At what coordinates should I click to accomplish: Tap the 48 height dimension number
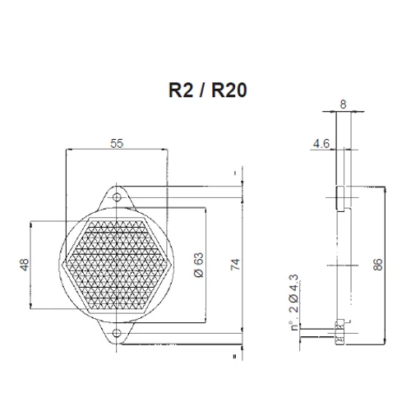point(24,265)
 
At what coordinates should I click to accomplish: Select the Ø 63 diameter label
point(198,266)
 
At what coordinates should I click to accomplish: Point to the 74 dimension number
point(234,266)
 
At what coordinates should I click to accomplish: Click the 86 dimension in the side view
point(377,265)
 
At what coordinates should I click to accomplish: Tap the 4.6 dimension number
point(322,142)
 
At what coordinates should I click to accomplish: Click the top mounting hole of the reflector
point(117,197)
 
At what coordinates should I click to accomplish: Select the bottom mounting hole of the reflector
point(117,332)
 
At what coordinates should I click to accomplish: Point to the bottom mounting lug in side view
point(339,333)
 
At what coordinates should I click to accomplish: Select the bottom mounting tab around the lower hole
point(117,335)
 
